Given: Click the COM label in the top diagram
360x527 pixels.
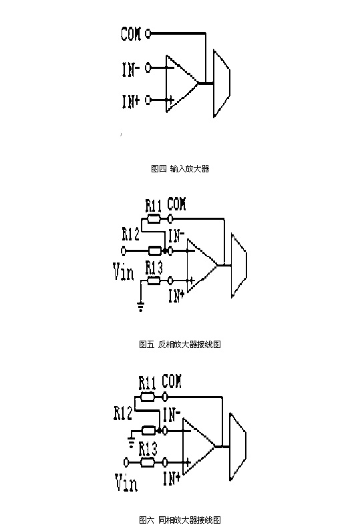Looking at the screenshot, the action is [x=131, y=33].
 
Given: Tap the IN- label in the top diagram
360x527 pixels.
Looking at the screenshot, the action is [x=130, y=69].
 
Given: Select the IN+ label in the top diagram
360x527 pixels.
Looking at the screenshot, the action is [x=130, y=101].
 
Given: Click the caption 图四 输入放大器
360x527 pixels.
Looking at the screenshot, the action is [x=180, y=168].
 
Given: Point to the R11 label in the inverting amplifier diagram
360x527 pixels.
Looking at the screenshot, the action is [x=153, y=206].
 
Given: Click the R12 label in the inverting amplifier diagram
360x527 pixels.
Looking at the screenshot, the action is [x=130, y=234].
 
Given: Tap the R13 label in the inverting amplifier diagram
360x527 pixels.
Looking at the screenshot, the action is [x=154, y=269].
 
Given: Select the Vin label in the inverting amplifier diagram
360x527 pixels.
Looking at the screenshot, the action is [x=124, y=272].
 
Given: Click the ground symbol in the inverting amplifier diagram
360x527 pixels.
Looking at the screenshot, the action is [x=140, y=307].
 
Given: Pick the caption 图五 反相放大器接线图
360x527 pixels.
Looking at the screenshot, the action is [x=180, y=344].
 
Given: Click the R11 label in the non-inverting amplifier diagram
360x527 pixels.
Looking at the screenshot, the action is [x=147, y=383].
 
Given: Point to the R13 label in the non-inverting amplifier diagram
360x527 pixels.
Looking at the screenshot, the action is [x=148, y=449].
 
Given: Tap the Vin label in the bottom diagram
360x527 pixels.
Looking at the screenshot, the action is [x=126, y=483].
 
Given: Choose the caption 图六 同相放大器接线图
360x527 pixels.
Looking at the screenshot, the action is [x=180, y=520].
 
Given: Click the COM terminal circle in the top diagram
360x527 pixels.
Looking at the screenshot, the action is [x=148, y=33].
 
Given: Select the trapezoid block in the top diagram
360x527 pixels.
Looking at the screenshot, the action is [x=222, y=83].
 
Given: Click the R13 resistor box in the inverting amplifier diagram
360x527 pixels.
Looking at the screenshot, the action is [x=154, y=281].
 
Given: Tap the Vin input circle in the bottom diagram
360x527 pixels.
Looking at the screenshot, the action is [x=126, y=462].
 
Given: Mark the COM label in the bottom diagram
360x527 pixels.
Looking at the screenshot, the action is [x=172, y=381].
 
